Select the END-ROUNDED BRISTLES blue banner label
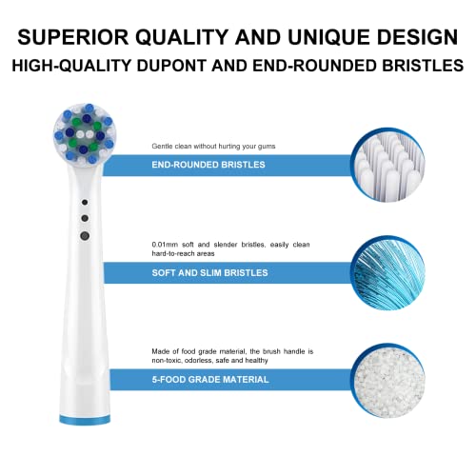click(208, 165)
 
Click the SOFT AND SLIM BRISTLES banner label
click(209, 272)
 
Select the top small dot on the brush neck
click(85, 204)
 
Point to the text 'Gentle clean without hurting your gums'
click(210, 146)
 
